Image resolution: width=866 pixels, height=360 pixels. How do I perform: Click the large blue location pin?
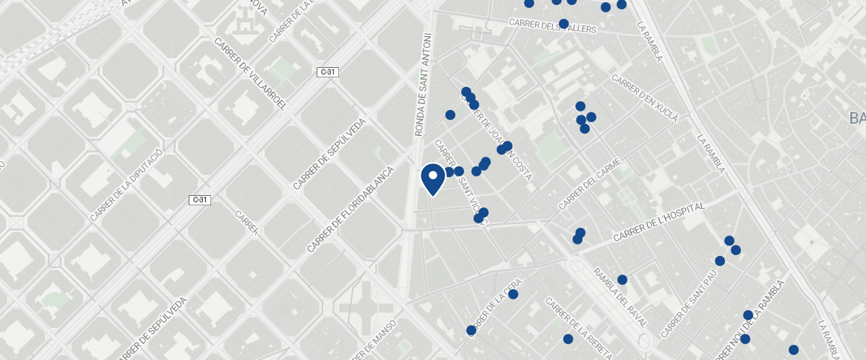coord(433,179)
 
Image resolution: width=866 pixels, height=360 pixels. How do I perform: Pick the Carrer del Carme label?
coord(590,184)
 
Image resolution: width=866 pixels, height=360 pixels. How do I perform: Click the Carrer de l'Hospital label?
coord(659,223)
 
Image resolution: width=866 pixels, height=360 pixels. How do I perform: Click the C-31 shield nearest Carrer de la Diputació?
coord(200,200)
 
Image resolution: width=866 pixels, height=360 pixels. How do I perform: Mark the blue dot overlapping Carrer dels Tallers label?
coord(564,24)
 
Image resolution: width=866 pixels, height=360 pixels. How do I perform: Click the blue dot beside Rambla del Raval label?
coord(622,280)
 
